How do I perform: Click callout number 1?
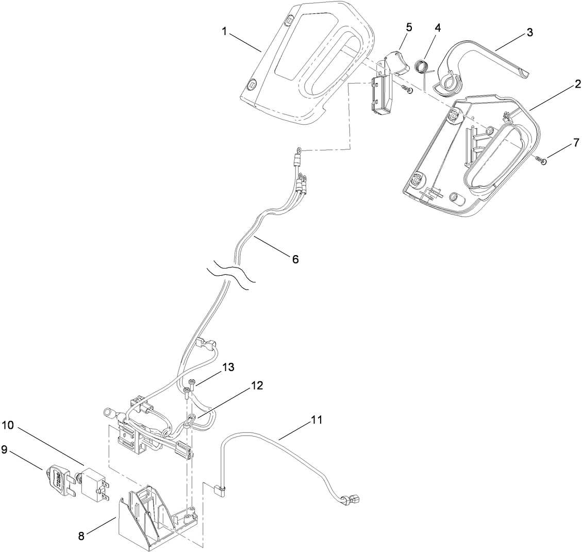pos(225,31)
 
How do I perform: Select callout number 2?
pos(578,83)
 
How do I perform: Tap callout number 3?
pos(530,32)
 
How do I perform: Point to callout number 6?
pos(295,259)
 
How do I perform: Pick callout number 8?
pos(81,536)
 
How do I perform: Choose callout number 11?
pos(316,420)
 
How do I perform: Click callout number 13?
pos(228,367)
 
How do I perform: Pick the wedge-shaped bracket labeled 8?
pos(149,515)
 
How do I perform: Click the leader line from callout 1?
pos(245,41)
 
